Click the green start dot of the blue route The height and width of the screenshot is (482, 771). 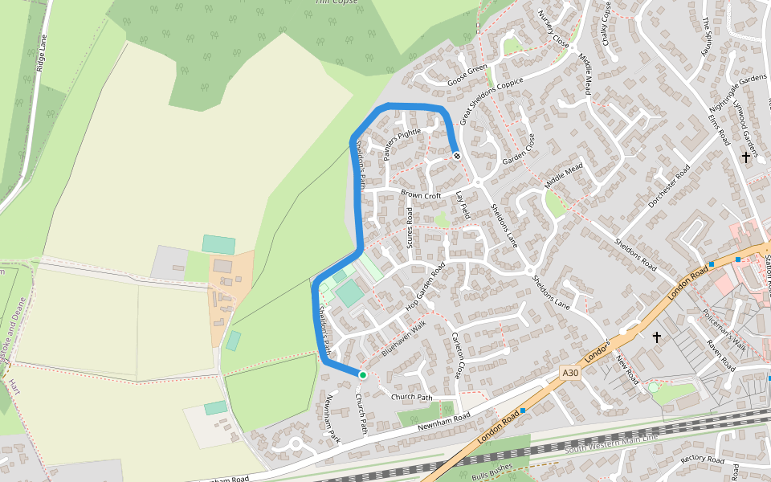362,375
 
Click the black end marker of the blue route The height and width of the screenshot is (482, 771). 456,156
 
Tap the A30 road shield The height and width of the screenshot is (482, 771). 570,373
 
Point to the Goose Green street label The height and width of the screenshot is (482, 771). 468,75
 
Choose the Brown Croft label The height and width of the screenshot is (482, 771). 422,195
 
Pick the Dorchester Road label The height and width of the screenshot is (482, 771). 669,186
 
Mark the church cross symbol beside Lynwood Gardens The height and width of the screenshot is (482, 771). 746,157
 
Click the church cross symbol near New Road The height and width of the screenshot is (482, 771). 656,337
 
